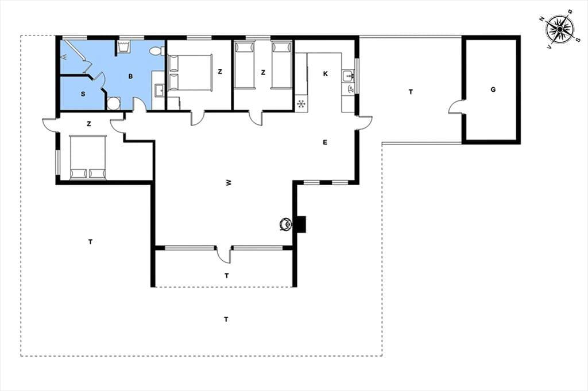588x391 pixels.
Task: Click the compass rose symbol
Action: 559,29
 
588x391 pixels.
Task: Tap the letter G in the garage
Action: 493,89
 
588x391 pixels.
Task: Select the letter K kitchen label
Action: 325,74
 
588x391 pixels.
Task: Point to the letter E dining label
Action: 325,142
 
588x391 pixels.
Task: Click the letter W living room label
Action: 229,183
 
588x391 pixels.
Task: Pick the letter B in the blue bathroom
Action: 130,76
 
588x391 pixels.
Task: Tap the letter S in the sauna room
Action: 83,94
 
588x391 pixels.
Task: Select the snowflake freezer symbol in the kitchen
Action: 301,104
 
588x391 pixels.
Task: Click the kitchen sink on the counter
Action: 349,76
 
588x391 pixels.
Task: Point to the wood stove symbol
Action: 286,224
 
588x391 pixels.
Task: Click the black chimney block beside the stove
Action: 300,224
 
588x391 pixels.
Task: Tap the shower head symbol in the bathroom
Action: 64,57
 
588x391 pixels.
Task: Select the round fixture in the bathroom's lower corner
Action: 113,103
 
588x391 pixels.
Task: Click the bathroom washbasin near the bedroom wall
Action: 159,91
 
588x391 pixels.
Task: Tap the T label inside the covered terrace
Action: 226,276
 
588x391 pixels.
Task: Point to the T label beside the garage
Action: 411,92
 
